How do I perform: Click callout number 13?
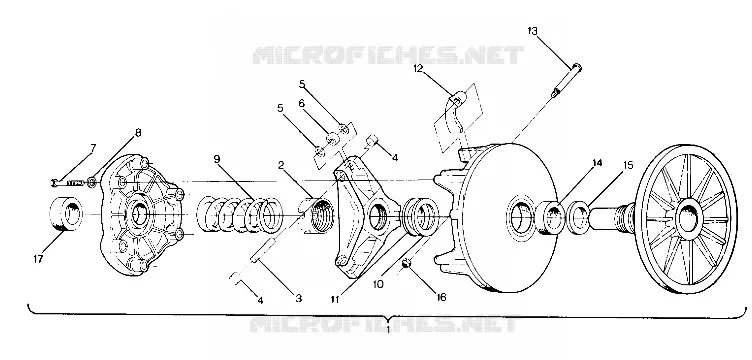(x=532, y=31)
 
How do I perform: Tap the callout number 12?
(x=419, y=69)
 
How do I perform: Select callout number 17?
(x=38, y=259)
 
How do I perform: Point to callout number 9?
(x=217, y=159)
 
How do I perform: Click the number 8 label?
(x=138, y=133)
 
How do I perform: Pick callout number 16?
(x=441, y=298)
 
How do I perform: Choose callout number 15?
(x=628, y=165)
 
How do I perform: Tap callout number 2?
(x=281, y=166)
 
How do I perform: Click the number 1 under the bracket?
(x=388, y=330)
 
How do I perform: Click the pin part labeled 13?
(x=567, y=80)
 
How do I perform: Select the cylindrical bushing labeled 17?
(x=66, y=214)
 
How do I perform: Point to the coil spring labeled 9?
(x=240, y=214)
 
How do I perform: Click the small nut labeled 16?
(x=406, y=263)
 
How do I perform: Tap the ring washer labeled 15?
(x=578, y=214)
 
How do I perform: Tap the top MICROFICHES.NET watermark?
(x=388, y=56)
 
